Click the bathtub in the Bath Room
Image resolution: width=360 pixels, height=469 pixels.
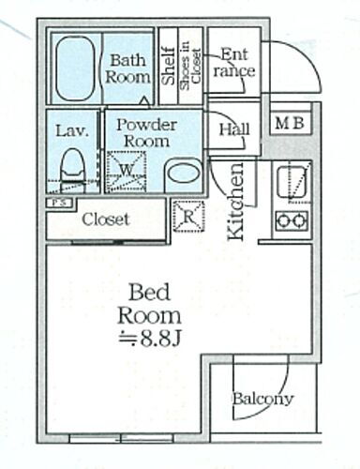tap(75, 68)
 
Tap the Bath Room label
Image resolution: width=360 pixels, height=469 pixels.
tap(127, 68)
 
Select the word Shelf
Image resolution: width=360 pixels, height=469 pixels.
tap(169, 66)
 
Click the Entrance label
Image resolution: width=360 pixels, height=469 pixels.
tap(233, 63)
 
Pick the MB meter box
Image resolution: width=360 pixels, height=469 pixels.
tap(291, 123)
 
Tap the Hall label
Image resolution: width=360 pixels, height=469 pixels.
tap(234, 129)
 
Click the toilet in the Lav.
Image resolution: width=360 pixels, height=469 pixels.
tap(73, 171)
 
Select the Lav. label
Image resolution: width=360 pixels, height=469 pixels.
tap(72, 131)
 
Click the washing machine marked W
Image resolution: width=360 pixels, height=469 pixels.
tap(127, 171)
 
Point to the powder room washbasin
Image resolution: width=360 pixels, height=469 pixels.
tap(183, 175)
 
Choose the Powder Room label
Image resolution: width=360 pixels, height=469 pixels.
tap(146, 133)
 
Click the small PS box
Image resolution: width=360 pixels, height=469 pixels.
tap(60, 203)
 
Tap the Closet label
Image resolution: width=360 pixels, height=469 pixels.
tap(106, 219)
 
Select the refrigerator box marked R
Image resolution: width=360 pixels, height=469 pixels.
tap(188, 217)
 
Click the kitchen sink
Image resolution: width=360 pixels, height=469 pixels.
tap(292, 182)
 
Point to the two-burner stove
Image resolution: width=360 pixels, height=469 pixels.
tap(292, 220)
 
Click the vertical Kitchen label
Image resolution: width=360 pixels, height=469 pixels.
tap(236, 202)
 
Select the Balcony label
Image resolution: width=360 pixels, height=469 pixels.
tap(262, 399)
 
